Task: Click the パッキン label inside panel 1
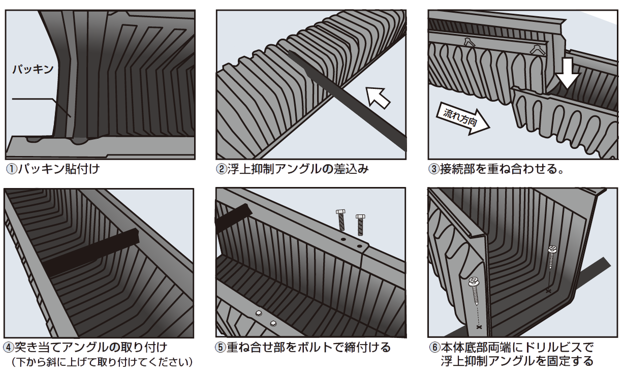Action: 33,69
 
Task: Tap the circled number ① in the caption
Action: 12,169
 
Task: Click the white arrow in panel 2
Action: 378,98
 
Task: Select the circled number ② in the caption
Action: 222,169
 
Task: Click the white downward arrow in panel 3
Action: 567,73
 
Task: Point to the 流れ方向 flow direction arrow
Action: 462,119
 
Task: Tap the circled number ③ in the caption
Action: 434,169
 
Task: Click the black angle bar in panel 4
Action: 91,253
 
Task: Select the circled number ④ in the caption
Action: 8,348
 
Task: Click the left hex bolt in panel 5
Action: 341,220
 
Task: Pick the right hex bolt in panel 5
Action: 360,225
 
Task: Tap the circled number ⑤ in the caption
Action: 221,348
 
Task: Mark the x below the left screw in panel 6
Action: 479,327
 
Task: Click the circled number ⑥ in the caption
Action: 434,348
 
